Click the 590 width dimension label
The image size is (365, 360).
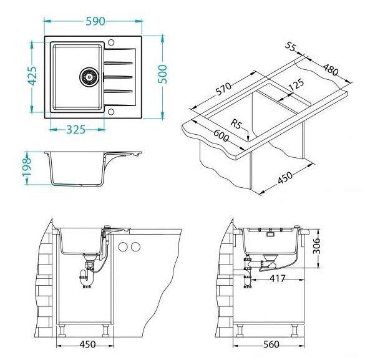pyautogui.click(x=95, y=21)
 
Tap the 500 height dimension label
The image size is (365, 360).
pyautogui.click(x=162, y=74)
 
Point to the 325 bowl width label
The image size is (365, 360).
pyautogui.click(x=76, y=130)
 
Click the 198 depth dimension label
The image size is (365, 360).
pyautogui.click(x=26, y=167)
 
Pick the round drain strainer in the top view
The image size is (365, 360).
pyautogui.click(x=88, y=77)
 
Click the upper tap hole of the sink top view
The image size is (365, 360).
pyautogui.click(x=111, y=42)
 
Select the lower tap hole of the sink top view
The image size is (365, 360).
pyautogui.click(x=111, y=112)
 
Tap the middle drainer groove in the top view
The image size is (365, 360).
pyautogui.click(x=118, y=77)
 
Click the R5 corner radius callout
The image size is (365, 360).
pyautogui.click(x=236, y=124)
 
